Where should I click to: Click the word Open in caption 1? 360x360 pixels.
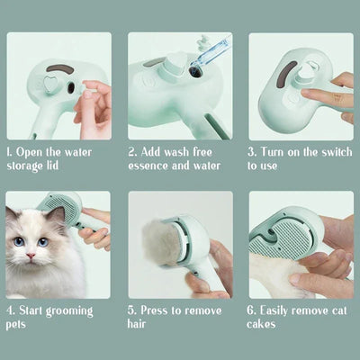[x=34, y=153]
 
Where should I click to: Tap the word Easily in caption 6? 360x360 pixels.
[x=281, y=310]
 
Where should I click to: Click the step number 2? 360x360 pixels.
[x=132, y=153]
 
